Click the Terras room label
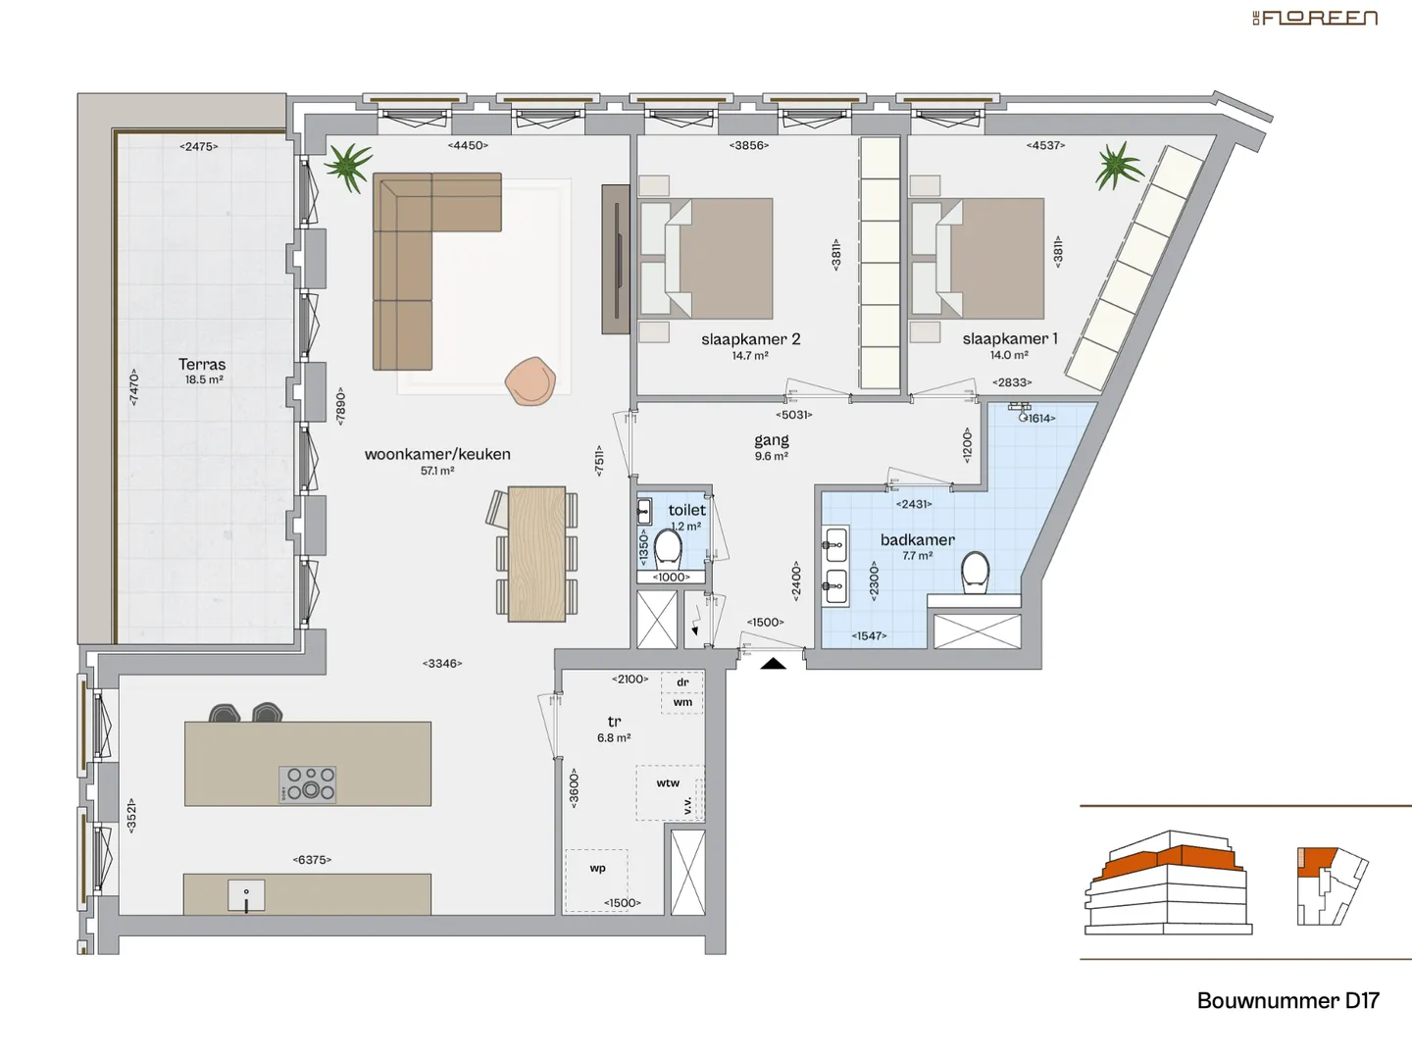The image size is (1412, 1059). [202, 365]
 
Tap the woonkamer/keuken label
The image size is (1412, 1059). [437, 455]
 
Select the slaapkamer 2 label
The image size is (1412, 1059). [750, 339]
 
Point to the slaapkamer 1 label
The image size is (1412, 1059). [1009, 339]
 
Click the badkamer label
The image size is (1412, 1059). [917, 540]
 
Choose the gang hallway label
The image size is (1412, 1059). [772, 441]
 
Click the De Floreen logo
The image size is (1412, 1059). [1315, 18]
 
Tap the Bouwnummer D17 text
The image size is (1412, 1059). [1287, 1001]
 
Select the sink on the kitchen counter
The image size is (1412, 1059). [246, 895]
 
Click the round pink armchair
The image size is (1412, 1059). [530, 381]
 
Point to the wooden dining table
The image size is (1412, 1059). [536, 554]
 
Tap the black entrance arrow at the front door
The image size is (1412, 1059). [773, 664]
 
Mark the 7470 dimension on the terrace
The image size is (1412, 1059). [133, 386]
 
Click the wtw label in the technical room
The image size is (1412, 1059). [668, 783]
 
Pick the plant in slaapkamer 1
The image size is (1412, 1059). [1119, 166]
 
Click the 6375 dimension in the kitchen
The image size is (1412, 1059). [312, 860]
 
